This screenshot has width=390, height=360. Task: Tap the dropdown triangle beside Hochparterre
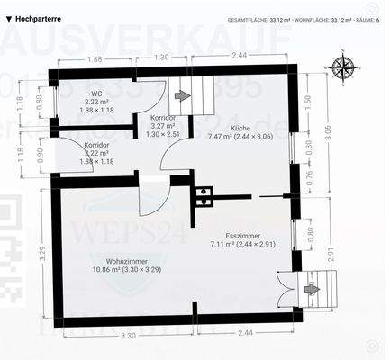[9, 16]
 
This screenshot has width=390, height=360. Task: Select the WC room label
[96, 93]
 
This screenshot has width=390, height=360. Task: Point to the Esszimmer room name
[242, 236]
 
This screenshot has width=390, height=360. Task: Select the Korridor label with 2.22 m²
[96, 145]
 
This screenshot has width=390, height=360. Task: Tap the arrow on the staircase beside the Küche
[184, 95]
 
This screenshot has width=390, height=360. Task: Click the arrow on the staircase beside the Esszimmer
[312, 289]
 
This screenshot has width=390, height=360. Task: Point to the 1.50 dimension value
[308, 101]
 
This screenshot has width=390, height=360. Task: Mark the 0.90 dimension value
[39, 155]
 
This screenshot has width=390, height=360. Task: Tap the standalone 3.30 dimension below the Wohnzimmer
[128, 335]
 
